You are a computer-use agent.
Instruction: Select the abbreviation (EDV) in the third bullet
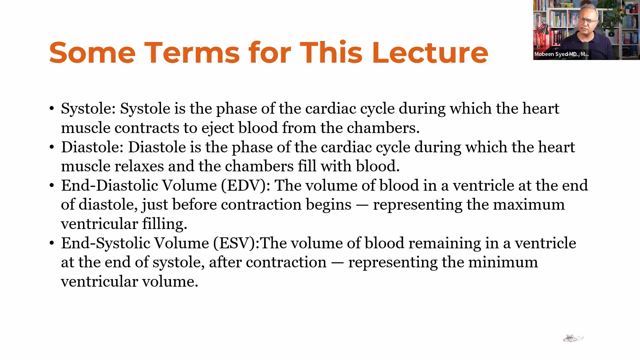pyautogui.click(x=246, y=186)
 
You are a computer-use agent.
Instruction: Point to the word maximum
pyautogui.click(x=529, y=205)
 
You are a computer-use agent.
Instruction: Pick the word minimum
pyautogui.click(x=503, y=262)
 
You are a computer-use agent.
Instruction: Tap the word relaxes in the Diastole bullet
pyautogui.click(x=139, y=166)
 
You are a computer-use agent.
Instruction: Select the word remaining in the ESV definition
pyautogui.click(x=445, y=243)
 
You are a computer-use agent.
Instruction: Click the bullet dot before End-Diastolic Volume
pyautogui.click(x=52, y=186)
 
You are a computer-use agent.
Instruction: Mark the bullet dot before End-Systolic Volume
pyautogui.click(x=52, y=243)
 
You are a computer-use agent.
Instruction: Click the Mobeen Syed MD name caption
pyautogui.click(x=561, y=54)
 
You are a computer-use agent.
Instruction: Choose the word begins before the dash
pyautogui.click(x=328, y=205)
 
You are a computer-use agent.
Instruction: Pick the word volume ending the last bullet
pyautogui.click(x=170, y=282)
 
